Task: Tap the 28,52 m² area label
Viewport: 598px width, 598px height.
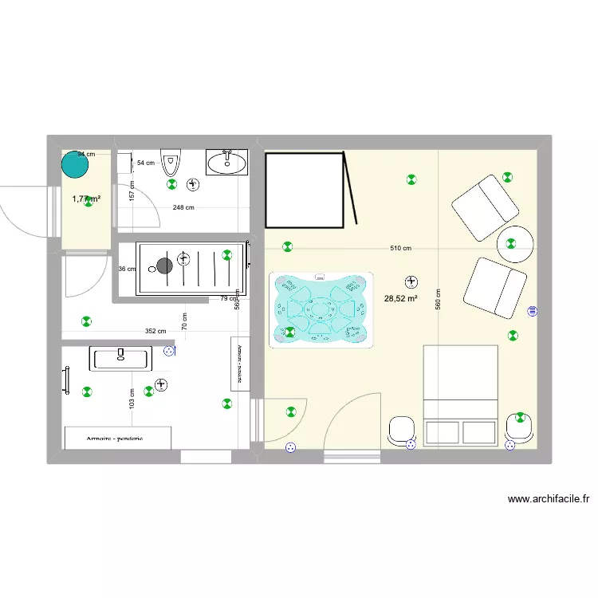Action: (401, 299)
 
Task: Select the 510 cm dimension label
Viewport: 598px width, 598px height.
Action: (401, 248)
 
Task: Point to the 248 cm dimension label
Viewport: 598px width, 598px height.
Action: (183, 208)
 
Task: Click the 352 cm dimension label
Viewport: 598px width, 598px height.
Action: (155, 332)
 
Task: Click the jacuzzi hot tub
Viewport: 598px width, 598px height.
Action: (321, 309)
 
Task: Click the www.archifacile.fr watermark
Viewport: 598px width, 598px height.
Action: (549, 500)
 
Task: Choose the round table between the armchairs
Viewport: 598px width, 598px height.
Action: (515, 245)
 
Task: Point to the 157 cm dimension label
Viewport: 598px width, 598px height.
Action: (132, 191)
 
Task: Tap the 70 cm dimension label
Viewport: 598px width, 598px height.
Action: (184, 322)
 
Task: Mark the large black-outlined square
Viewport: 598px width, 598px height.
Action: (304, 189)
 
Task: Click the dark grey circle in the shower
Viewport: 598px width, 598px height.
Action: (165, 266)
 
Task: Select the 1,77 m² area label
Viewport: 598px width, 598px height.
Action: (86, 199)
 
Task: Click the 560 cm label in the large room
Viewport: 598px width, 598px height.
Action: (438, 299)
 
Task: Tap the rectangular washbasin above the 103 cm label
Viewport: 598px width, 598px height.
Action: (120, 358)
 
